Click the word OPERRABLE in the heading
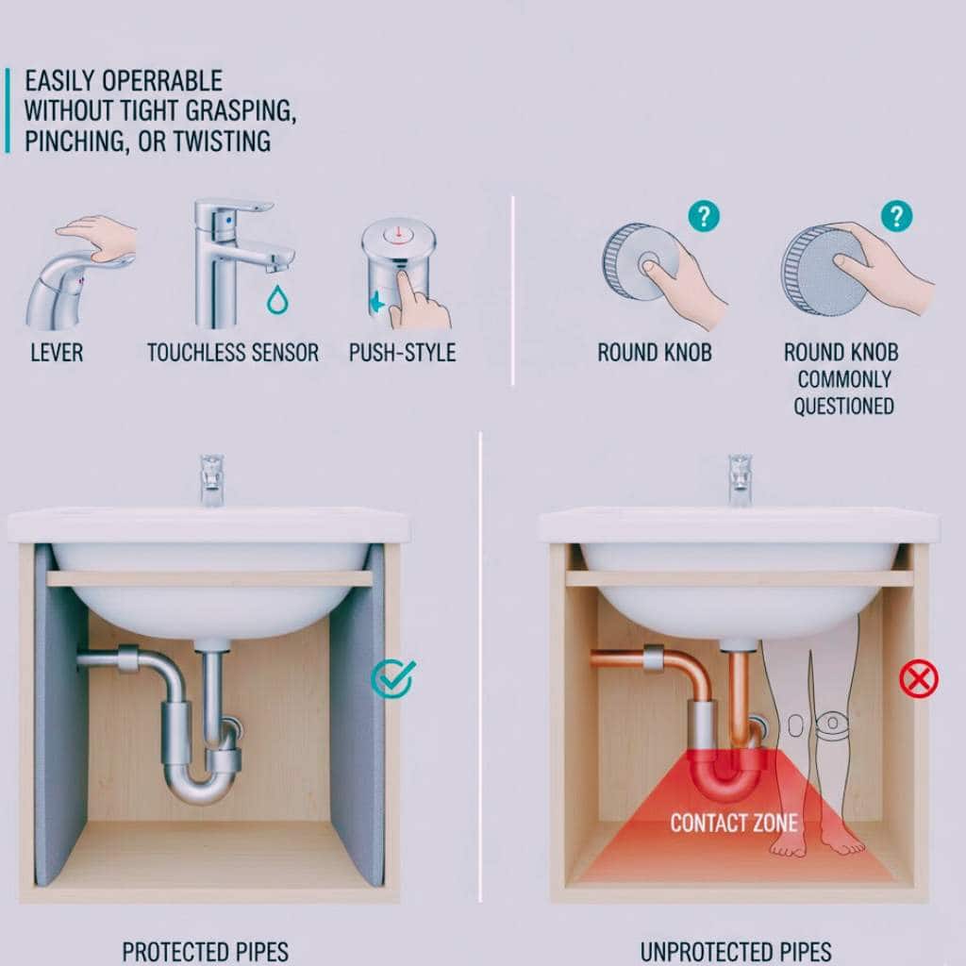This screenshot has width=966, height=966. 162,81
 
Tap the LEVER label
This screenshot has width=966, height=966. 57,353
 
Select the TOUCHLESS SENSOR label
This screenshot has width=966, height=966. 233,353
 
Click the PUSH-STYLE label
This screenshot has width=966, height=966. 402,353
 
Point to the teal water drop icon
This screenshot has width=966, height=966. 278,299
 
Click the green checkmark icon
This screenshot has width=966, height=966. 393,677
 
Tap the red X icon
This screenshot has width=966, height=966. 919,679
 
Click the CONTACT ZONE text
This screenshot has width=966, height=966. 734,823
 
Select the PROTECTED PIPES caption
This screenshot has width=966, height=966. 205,953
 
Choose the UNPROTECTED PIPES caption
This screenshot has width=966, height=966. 736,953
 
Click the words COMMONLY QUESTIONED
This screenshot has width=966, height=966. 843,392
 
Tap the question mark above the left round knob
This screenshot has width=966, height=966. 704,216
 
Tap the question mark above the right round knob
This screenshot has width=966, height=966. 896,216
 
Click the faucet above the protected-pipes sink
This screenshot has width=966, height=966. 212,480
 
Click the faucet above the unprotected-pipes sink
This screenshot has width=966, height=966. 740,480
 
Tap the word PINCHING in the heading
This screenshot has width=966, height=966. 76,142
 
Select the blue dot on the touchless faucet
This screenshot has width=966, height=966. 229,220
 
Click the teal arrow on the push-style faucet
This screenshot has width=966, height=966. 376,303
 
